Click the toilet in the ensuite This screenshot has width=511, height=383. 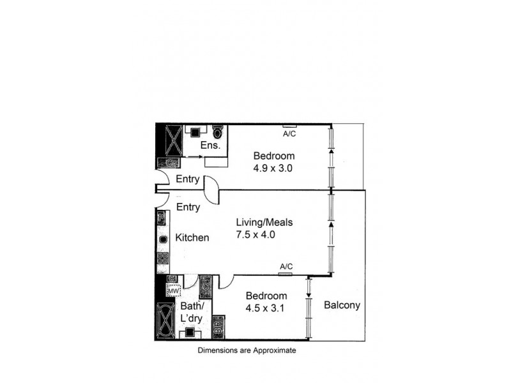pyautogui.click(x=218, y=133)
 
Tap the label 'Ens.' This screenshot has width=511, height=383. pyautogui.click(x=211, y=146)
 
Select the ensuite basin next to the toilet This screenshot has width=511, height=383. pyautogui.click(x=194, y=131)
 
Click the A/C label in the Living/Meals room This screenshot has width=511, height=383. pyautogui.click(x=286, y=266)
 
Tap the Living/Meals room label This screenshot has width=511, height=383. pyautogui.click(x=264, y=222)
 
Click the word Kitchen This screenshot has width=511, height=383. pyautogui.click(x=192, y=237)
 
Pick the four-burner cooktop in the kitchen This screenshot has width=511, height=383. pyautogui.click(x=162, y=259)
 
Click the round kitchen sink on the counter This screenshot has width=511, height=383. pyautogui.click(x=163, y=239)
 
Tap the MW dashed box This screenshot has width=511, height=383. pyautogui.click(x=172, y=291)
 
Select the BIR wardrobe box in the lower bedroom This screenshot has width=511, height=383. pyautogui.click(x=218, y=326)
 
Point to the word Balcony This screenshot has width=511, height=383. pyautogui.click(x=342, y=305)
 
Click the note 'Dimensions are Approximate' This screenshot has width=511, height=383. pyautogui.click(x=247, y=350)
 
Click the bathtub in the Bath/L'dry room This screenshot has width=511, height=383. pyautogui.click(x=164, y=321)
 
